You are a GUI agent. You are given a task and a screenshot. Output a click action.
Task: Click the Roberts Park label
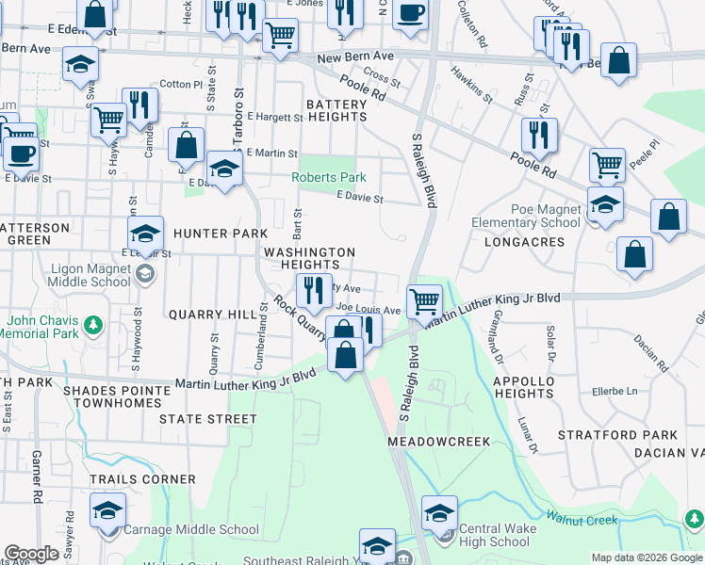[x=328, y=177]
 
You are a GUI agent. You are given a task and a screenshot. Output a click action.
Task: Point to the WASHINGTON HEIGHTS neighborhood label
[x=309, y=259]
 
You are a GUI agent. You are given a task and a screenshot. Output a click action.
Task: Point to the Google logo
[x=30, y=555]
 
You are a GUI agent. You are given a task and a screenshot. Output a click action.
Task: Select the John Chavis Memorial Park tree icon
[x=92, y=326]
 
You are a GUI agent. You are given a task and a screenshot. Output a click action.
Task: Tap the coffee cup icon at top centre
[x=410, y=13]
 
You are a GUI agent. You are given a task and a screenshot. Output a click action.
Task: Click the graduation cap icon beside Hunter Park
[x=145, y=233]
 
